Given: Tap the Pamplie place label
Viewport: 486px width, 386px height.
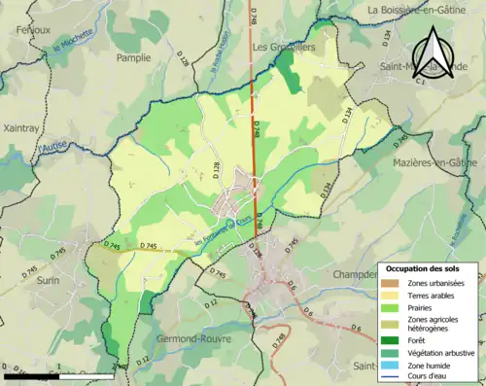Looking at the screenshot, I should (133, 58).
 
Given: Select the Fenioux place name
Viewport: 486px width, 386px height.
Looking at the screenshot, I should (33, 30).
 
